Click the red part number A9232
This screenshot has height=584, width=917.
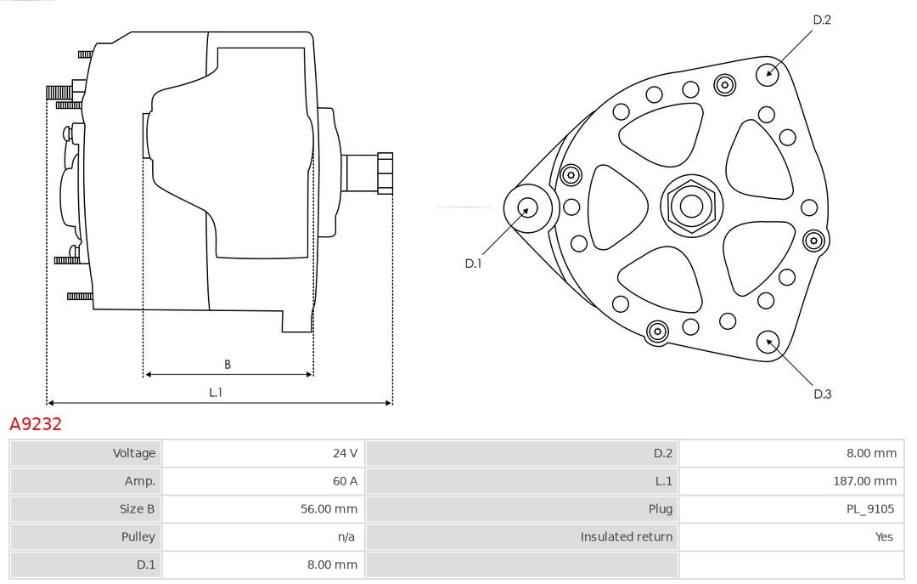point(36,424)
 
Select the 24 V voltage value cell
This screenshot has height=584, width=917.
point(345,453)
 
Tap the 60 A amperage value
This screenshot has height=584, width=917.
point(345,481)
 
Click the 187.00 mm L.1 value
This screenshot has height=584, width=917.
point(864,481)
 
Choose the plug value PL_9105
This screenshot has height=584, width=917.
point(871,509)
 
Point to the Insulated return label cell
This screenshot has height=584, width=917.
point(626,536)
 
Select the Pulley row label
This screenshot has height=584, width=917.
point(138,536)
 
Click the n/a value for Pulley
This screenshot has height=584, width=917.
point(346,536)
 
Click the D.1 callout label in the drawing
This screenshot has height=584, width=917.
point(473,264)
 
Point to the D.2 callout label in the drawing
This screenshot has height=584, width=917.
point(822,20)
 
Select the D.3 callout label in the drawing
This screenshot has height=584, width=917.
point(822,394)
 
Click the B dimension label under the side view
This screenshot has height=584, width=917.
point(228,365)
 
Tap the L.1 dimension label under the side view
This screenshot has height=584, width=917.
point(216,392)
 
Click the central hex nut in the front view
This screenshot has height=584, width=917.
point(690,206)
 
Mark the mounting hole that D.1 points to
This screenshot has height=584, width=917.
point(528,207)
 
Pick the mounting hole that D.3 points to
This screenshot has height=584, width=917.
point(768,343)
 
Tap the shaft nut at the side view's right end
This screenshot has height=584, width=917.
point(385,173)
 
